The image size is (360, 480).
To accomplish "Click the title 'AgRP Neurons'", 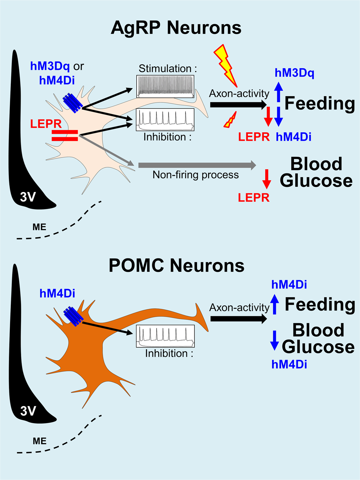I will tap(176, 27).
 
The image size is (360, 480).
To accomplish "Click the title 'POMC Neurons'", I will tap(176, 266).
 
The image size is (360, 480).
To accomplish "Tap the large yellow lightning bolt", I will tap(225, 65).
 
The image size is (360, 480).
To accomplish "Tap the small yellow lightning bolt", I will tap(230, 120).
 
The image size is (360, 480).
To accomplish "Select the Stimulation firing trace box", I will tap(165, 86).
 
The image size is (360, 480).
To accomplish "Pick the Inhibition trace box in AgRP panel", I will tap(165, 119).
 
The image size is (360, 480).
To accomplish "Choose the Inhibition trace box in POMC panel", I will tap(165, 336).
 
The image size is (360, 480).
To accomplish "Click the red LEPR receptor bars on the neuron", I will tap(65, 135).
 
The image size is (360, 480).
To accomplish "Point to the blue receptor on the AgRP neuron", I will tap(73, 102).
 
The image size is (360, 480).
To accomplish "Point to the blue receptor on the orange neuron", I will tap(73, 316).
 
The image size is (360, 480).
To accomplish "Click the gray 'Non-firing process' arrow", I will tap(197, 166).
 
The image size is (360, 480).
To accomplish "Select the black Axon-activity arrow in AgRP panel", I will tap(238, 105).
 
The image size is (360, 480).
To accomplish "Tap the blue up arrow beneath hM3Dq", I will tap(278, 92).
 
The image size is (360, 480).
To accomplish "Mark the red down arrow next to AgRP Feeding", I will tap(268, 116).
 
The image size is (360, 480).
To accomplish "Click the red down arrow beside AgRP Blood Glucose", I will tap(267, 179).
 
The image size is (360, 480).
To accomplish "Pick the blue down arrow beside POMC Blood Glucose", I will tap(275, 340).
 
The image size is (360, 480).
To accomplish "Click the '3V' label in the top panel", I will tap(28, 197).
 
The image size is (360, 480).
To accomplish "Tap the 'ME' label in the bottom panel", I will tap(39, 441).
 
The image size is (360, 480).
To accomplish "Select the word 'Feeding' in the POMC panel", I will tap(320, 304).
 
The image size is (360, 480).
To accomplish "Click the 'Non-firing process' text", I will tap(196, 175).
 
